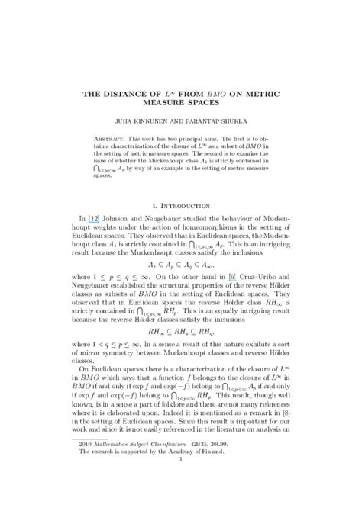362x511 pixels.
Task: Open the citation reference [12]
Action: [x=98, y=220]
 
